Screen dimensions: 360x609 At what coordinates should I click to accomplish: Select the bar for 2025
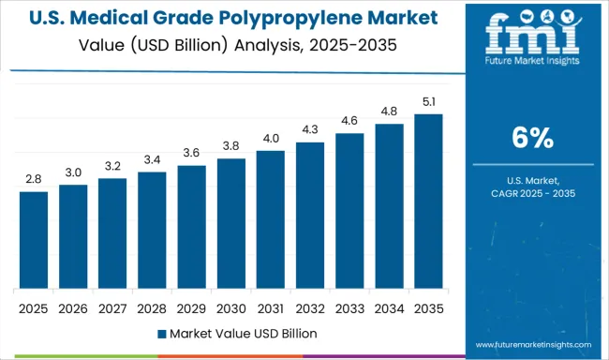click(33, 240)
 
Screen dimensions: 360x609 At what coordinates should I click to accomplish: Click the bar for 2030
click(230, 223)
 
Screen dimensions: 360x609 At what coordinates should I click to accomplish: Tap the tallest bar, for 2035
click(428, 201)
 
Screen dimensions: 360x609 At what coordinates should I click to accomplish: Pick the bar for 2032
click(309, 215)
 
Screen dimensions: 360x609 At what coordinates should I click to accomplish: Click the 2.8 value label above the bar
click(33, 179)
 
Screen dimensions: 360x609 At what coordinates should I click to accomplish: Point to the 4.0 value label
click(270, 139)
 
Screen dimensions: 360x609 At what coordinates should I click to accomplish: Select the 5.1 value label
click(428, 101)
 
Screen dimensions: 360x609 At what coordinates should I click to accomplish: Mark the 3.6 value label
click(191, 153)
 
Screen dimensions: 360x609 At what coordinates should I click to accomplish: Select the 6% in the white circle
click(530, 138)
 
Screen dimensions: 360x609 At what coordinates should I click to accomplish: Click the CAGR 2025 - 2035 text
click(530, 193)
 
